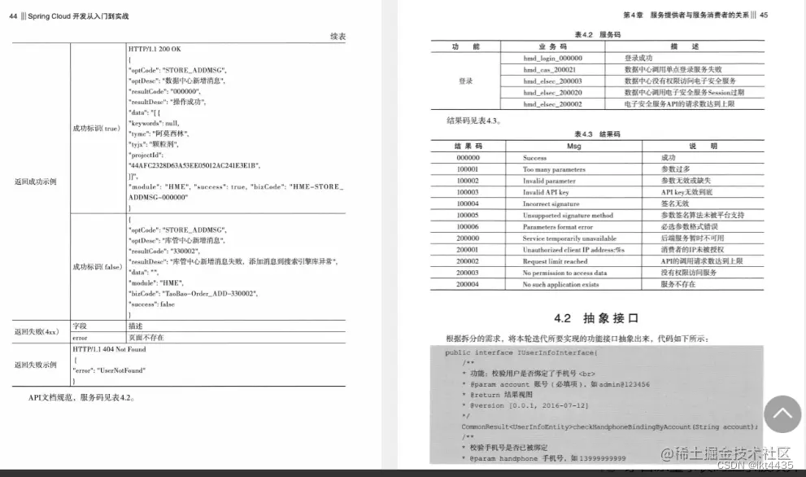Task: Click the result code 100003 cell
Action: tap(468, 192)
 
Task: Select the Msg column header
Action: tap(573, 146)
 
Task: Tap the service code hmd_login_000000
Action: tap(552, 59)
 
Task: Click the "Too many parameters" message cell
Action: tap(554, 169)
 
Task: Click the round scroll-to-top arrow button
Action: tap(782, 414)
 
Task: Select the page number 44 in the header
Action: tap(13, 15)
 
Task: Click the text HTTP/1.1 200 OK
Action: tap(155, 49)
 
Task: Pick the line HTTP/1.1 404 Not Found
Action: tap(109, 348)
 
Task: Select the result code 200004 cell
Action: tap(468, 285)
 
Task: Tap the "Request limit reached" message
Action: tap(555, 262)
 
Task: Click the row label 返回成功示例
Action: tap(35, 182)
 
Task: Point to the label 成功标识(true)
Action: tap(96, 129)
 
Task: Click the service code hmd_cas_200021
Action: tap(551, 70)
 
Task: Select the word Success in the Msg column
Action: tap(534, 158)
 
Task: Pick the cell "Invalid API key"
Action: tap(546, 192)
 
